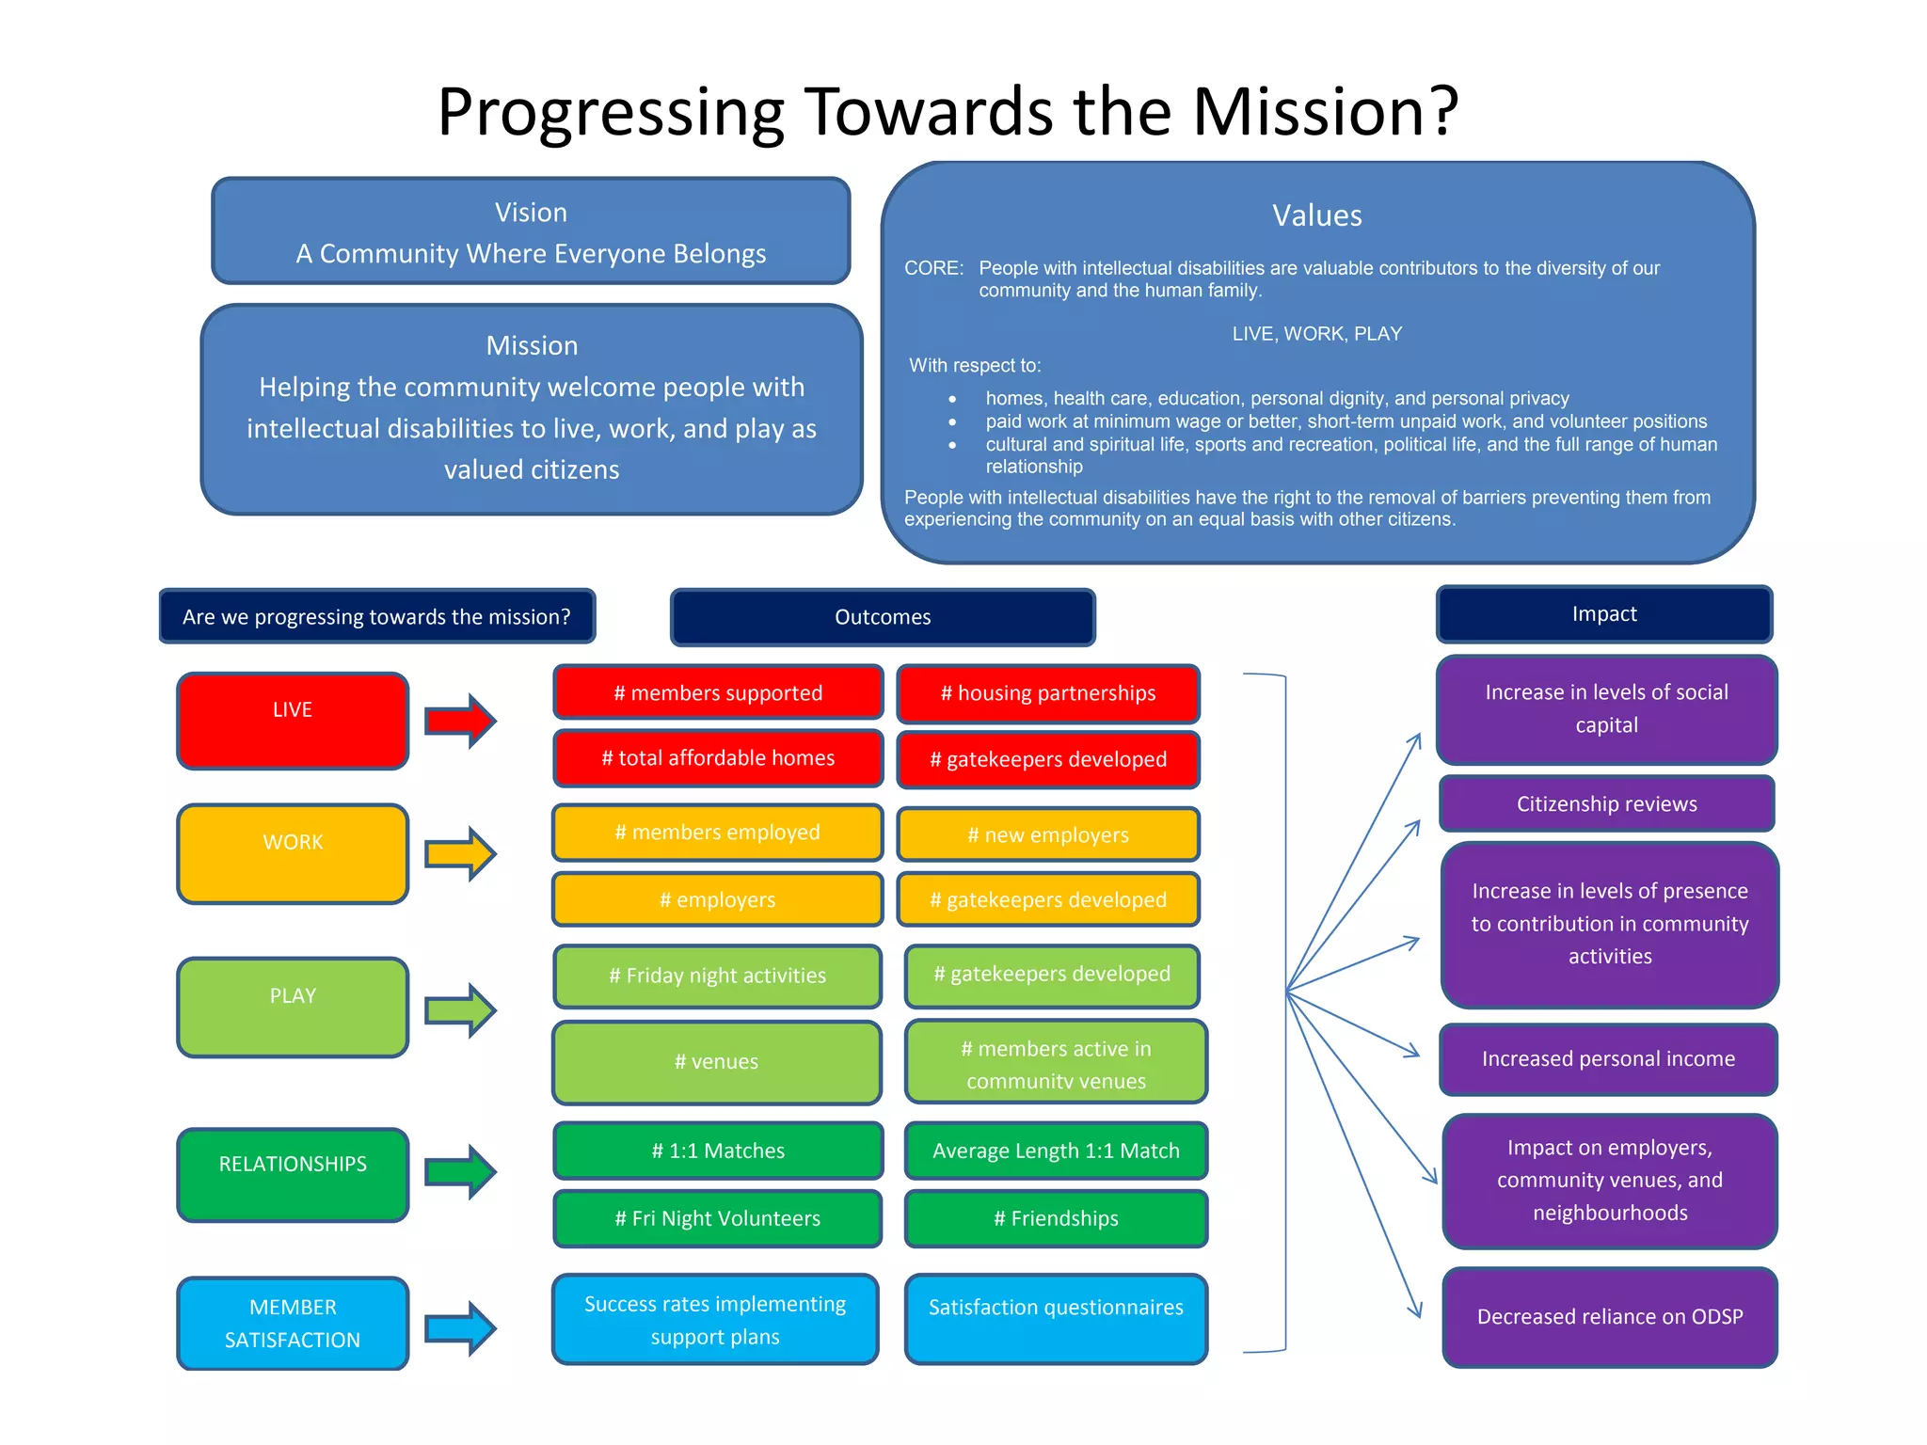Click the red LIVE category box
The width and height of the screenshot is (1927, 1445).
tap(293, 721)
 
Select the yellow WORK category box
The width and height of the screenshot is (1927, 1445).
tap(293, 853)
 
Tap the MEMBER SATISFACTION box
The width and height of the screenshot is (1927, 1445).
tap(293, 1323)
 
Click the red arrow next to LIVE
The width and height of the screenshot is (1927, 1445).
tap(460, 722)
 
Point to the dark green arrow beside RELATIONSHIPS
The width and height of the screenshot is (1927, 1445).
tap(460, 1171)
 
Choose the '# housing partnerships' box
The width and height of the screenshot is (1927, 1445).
tap(1048, 694)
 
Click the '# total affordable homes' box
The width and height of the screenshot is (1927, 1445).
tap(718, 758)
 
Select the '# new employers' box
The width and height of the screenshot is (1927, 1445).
tap(1048, 834)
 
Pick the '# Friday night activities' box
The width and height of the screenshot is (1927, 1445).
tap(717, 977)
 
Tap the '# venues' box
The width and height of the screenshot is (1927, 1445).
tap(717, 1062)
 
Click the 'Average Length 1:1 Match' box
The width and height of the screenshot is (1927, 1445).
tap(1056, 1151)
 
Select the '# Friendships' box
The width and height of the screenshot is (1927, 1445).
tap(1056, 1218)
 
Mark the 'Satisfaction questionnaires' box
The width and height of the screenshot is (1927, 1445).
tap(1056, 1318)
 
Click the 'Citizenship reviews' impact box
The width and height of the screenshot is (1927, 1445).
tap(1606, 804)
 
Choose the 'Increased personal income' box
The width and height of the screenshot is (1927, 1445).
tap(1608, 1059)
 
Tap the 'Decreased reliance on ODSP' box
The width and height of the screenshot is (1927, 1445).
tap(1610, 1317)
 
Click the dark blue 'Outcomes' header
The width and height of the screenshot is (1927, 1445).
tap(883, 617)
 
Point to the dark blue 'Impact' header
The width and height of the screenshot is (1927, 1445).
tap(1604, 614)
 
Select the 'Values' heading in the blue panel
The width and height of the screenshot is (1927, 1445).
tap(1316, 215)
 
